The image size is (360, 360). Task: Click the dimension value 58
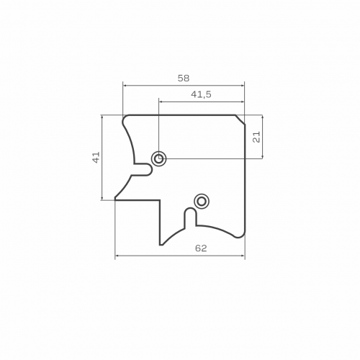coord(184,78)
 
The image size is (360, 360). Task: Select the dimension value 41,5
coord(201,94)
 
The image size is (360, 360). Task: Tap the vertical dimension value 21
coord(256,137)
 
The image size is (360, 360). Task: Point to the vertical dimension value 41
coord(96,158)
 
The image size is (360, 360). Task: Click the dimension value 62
coord(201,248)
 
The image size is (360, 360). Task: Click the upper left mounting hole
coord(158,158)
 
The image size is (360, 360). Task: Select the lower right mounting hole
coord(202,201)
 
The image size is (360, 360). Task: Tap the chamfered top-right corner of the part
coord(240,120)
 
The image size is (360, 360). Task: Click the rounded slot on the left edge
coord(143,170)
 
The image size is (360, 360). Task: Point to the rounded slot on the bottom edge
coord(191,217)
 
